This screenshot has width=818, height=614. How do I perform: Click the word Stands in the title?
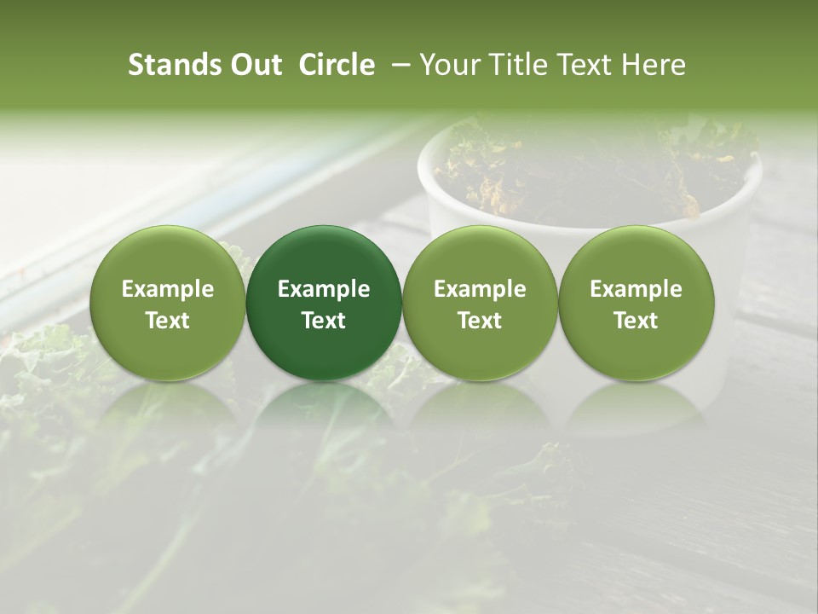[x=170, y=65]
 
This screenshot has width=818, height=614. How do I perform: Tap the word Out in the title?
[x=254, y=65]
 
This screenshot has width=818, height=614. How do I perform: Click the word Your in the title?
[x=452, y=65]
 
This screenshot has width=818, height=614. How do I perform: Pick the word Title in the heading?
[x=521, y=65]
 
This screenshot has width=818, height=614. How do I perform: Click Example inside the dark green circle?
[x=324, y=289]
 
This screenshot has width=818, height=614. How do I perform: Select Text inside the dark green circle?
[x=324, y=321]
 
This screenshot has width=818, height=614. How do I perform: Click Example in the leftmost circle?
[x=168, y=289]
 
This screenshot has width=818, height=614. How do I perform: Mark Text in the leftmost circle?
[x=168, y=321]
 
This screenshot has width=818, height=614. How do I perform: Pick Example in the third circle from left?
[x=480, y=289]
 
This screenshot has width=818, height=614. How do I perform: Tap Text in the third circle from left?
[x=480, y=321]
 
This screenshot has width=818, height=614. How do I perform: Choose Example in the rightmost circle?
[x=636, y=289]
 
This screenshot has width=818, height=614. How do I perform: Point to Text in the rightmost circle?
[x=636, y=321]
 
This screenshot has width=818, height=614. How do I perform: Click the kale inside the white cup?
[x=579, y=171]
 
